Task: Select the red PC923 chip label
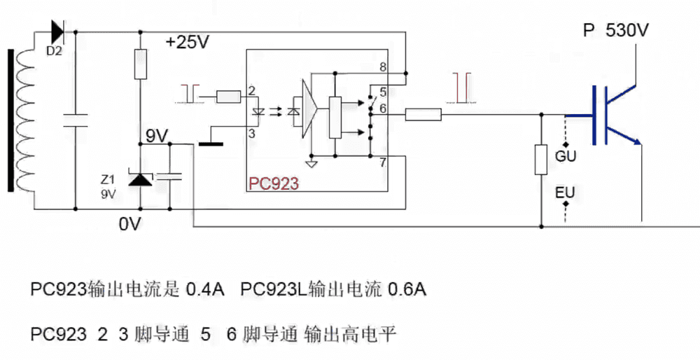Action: click(x=274, y=184)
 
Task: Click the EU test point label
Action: click(x=565, y=191)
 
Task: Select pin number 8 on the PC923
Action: click(x=382, y=67)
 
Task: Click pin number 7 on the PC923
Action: click(x=382, y=164)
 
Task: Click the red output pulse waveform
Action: click(x=462, y=87)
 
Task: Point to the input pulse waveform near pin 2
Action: click(x=190, y=92)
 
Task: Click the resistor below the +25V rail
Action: click(x=141, y=64)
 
